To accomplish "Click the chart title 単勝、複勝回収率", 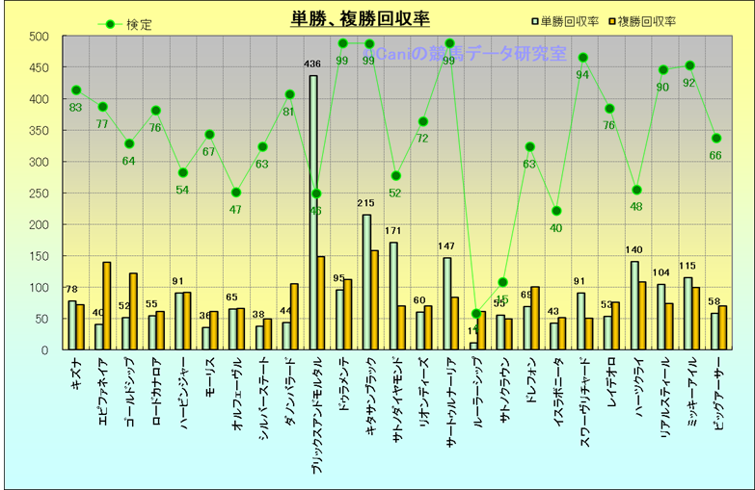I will (361, 18).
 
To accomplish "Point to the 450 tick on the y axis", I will (39, 68).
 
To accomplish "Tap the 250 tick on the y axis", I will (39, 193).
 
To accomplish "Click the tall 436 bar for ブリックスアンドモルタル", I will (312, 212).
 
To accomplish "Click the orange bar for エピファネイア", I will (107, 305).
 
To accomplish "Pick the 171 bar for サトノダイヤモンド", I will (392, 296).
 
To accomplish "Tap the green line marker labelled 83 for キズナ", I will (76, 90).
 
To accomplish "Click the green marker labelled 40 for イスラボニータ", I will (556, 211).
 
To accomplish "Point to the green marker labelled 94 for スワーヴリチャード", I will (582, 59).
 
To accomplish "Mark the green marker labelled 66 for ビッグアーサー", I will (715, 139).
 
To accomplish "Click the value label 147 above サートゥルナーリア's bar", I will (446, 247).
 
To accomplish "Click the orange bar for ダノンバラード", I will (294, 317).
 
